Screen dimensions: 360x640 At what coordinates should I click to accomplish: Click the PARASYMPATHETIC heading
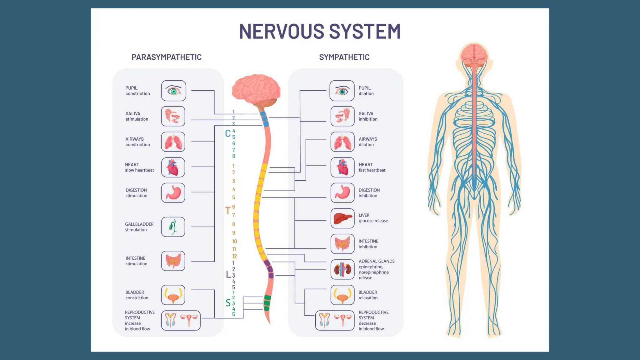(166, 57)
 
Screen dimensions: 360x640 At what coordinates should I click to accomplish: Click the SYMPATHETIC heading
(344, 57)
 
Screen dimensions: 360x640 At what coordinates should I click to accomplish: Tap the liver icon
(342, 218)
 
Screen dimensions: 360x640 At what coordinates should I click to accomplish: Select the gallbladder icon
(173, 227)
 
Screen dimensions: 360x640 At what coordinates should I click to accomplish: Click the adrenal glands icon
(342, 269)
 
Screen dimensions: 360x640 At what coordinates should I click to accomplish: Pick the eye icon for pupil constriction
(174, 91)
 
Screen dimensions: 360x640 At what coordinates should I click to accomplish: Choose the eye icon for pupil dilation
(342, 91)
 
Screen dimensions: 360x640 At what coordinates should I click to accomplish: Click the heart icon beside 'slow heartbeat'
(173, 167)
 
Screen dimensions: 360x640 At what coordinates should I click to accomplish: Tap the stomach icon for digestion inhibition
(342, 193)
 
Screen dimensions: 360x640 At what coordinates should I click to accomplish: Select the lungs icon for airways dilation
(342, 142)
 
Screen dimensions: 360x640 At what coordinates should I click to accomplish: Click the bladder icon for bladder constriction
(173, 295)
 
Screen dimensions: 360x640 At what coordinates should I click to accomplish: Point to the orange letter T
(228, 211)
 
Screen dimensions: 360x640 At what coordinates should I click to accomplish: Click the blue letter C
(228, 134)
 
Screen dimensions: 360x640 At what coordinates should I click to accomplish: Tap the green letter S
(228, 303)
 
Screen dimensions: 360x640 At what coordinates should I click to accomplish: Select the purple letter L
(228, 274)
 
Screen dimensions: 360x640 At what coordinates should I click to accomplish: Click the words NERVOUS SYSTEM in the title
(320, 31)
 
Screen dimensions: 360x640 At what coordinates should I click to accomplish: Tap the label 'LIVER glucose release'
(373, 218)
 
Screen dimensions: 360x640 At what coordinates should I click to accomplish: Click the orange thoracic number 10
(234, 241)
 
